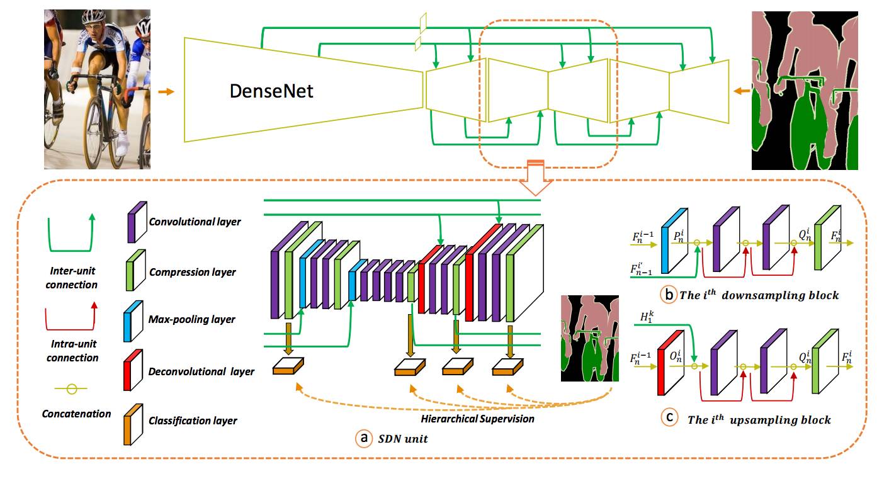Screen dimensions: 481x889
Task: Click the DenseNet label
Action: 271,92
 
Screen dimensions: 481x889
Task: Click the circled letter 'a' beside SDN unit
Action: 363,438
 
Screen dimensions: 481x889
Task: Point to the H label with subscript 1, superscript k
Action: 646,318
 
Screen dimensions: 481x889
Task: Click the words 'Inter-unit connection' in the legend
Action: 72,278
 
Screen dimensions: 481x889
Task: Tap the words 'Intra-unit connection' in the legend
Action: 72,351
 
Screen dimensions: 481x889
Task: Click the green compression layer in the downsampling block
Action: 824,241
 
